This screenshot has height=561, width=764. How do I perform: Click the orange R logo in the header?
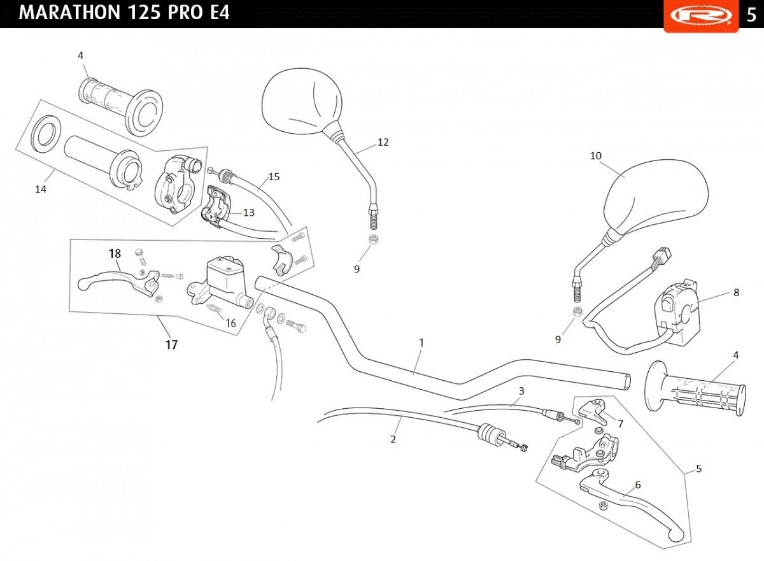[701, 16]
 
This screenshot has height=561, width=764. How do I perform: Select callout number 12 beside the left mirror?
[383, 142]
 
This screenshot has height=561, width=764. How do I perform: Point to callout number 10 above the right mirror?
[596, 156]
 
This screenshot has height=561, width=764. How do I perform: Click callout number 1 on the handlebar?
[421, 343]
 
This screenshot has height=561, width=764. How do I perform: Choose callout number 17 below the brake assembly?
[171, 344]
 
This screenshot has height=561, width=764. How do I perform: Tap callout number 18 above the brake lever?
[115, 253]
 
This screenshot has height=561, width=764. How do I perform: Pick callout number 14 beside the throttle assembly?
[41, 189]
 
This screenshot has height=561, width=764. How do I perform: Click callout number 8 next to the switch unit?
[737, 292]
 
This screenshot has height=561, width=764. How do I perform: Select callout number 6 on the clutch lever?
[638, 485]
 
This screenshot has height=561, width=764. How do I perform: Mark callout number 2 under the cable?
[393, 439]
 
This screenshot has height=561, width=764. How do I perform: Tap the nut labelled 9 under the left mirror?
[374, 239]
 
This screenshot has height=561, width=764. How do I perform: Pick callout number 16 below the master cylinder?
[231, 323]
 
